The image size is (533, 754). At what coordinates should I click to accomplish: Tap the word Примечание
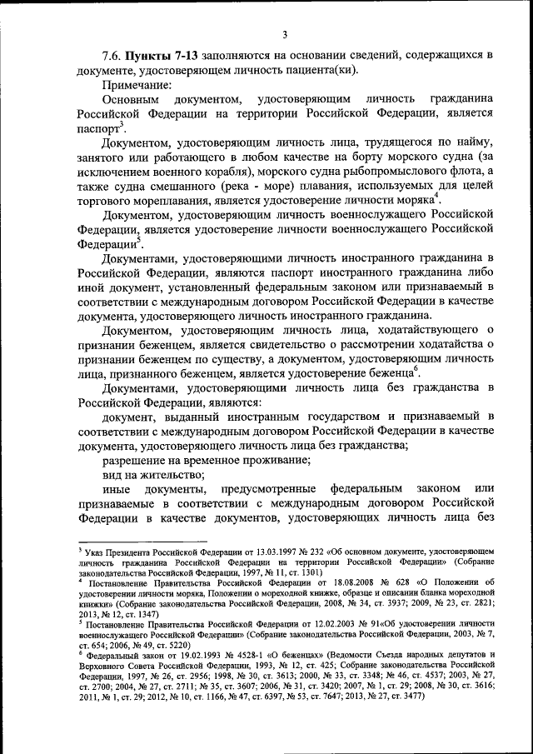pyautogui.click(x=137, y=84)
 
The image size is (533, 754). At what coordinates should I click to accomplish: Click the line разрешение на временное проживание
pyautogui.click(x=201, y=459)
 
